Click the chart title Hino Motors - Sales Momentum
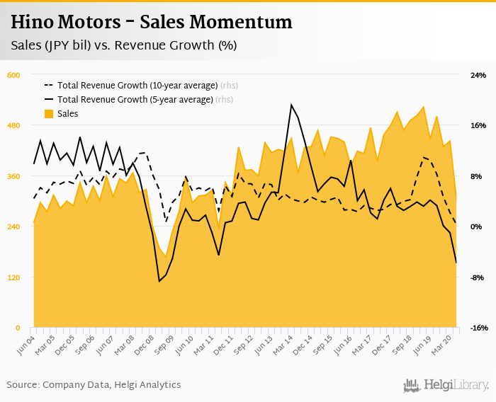151,22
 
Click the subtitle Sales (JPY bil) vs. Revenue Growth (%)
123,45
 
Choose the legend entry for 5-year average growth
135,100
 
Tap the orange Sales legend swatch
49,114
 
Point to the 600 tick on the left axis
13,75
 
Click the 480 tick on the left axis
13,126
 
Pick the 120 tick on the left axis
13,277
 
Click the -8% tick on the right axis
477,277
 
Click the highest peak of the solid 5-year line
291,105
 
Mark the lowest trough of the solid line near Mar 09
159,282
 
